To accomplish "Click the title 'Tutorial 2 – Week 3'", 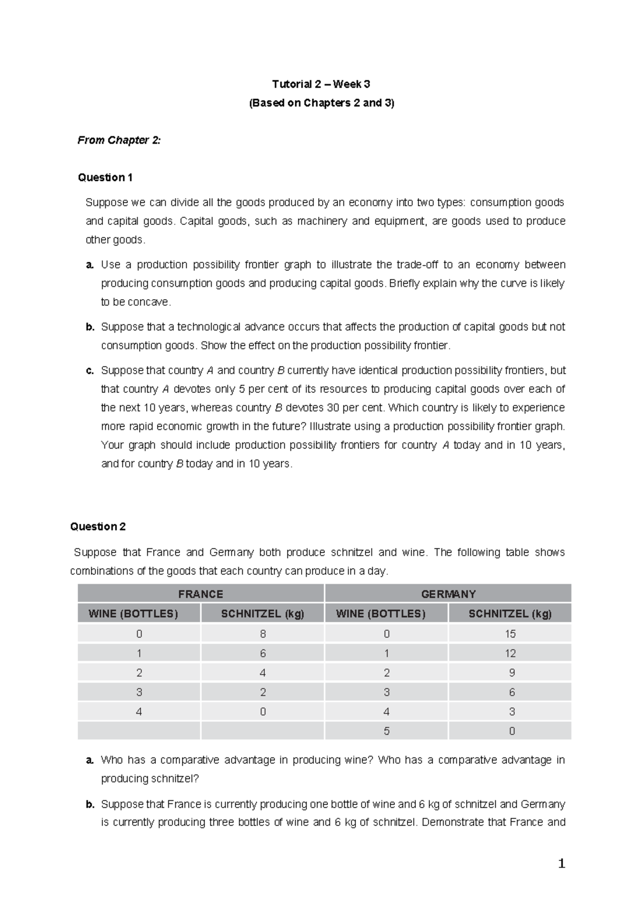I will click(x=321, y=84).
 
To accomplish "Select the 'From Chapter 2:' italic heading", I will click(x=119, y=140).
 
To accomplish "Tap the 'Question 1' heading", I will click(x=105, y=177).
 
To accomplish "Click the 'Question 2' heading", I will click(x=98, y=526).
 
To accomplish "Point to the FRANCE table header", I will click(x=200, y=594).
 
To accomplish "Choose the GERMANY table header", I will click(x=448, y=594).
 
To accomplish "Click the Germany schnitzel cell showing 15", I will click(x=510, y=634).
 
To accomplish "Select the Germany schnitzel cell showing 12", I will click(x=510, y=653).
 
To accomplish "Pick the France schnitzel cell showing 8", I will click(x=263, y=634).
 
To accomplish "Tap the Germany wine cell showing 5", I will click(x=386, y=731).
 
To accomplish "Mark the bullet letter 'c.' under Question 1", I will click(x=89, y=370).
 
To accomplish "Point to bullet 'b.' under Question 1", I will click(x=89, y=327).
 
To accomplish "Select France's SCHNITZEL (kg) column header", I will click(x=263, y=613).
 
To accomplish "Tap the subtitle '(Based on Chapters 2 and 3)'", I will click(x=321, y=103).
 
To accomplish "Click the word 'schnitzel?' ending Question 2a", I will click(x=176, y=778).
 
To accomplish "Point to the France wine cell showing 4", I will click(x=139, y=711).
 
